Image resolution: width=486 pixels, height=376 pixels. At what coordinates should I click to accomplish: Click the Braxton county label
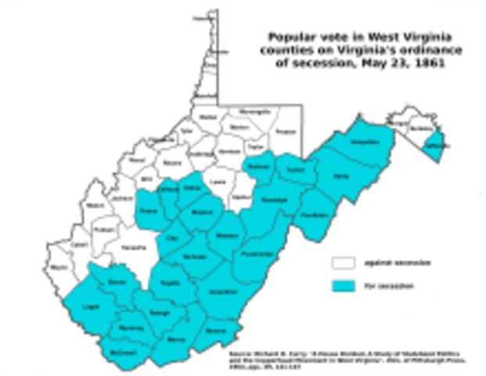(x=201, y=212)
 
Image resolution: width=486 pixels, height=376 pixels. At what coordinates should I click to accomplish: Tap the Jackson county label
(x=120, y=200)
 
